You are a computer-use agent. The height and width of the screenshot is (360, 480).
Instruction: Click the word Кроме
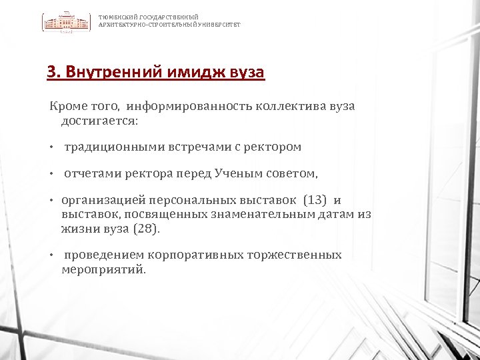coord(65,107)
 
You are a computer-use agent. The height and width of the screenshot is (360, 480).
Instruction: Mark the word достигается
coord(99,121)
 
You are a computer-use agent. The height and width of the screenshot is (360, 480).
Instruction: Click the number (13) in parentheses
coord(315,200)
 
